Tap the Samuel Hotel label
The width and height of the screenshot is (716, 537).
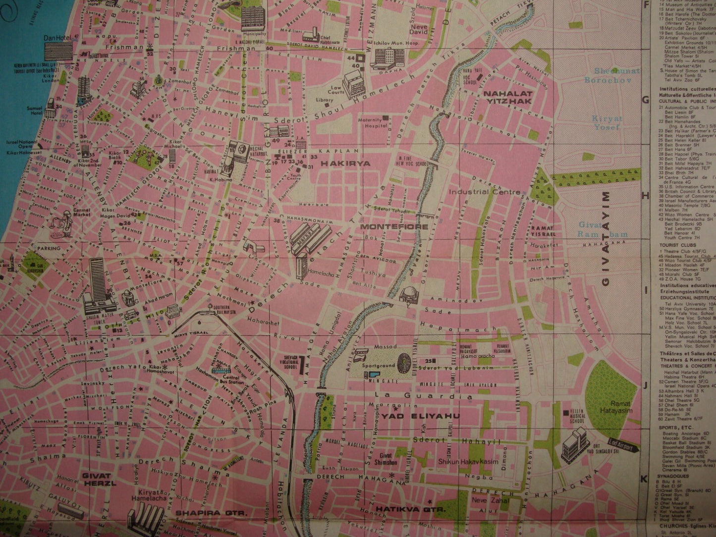[x=64, y=111]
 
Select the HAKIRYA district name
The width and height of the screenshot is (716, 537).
[x=339, y=162]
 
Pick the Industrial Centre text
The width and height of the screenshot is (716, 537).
[x=485, y=192]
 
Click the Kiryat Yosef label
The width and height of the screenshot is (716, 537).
[x=606, y=123]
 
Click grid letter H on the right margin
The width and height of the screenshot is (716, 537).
[x=645, y=196]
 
